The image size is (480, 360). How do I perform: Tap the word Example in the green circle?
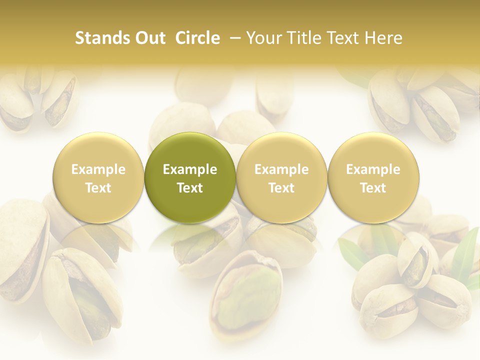[x=190, y=169]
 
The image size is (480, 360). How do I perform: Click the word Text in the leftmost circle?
[x=98, y=188]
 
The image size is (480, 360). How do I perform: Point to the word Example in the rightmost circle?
[x=373, y=169]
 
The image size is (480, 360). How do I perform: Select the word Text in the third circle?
[x=281, y=188]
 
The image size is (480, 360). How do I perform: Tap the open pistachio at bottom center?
[x=245, y=295]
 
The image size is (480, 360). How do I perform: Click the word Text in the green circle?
[x=190, y=188]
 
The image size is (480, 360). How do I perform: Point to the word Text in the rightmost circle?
[x=373, y=188]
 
